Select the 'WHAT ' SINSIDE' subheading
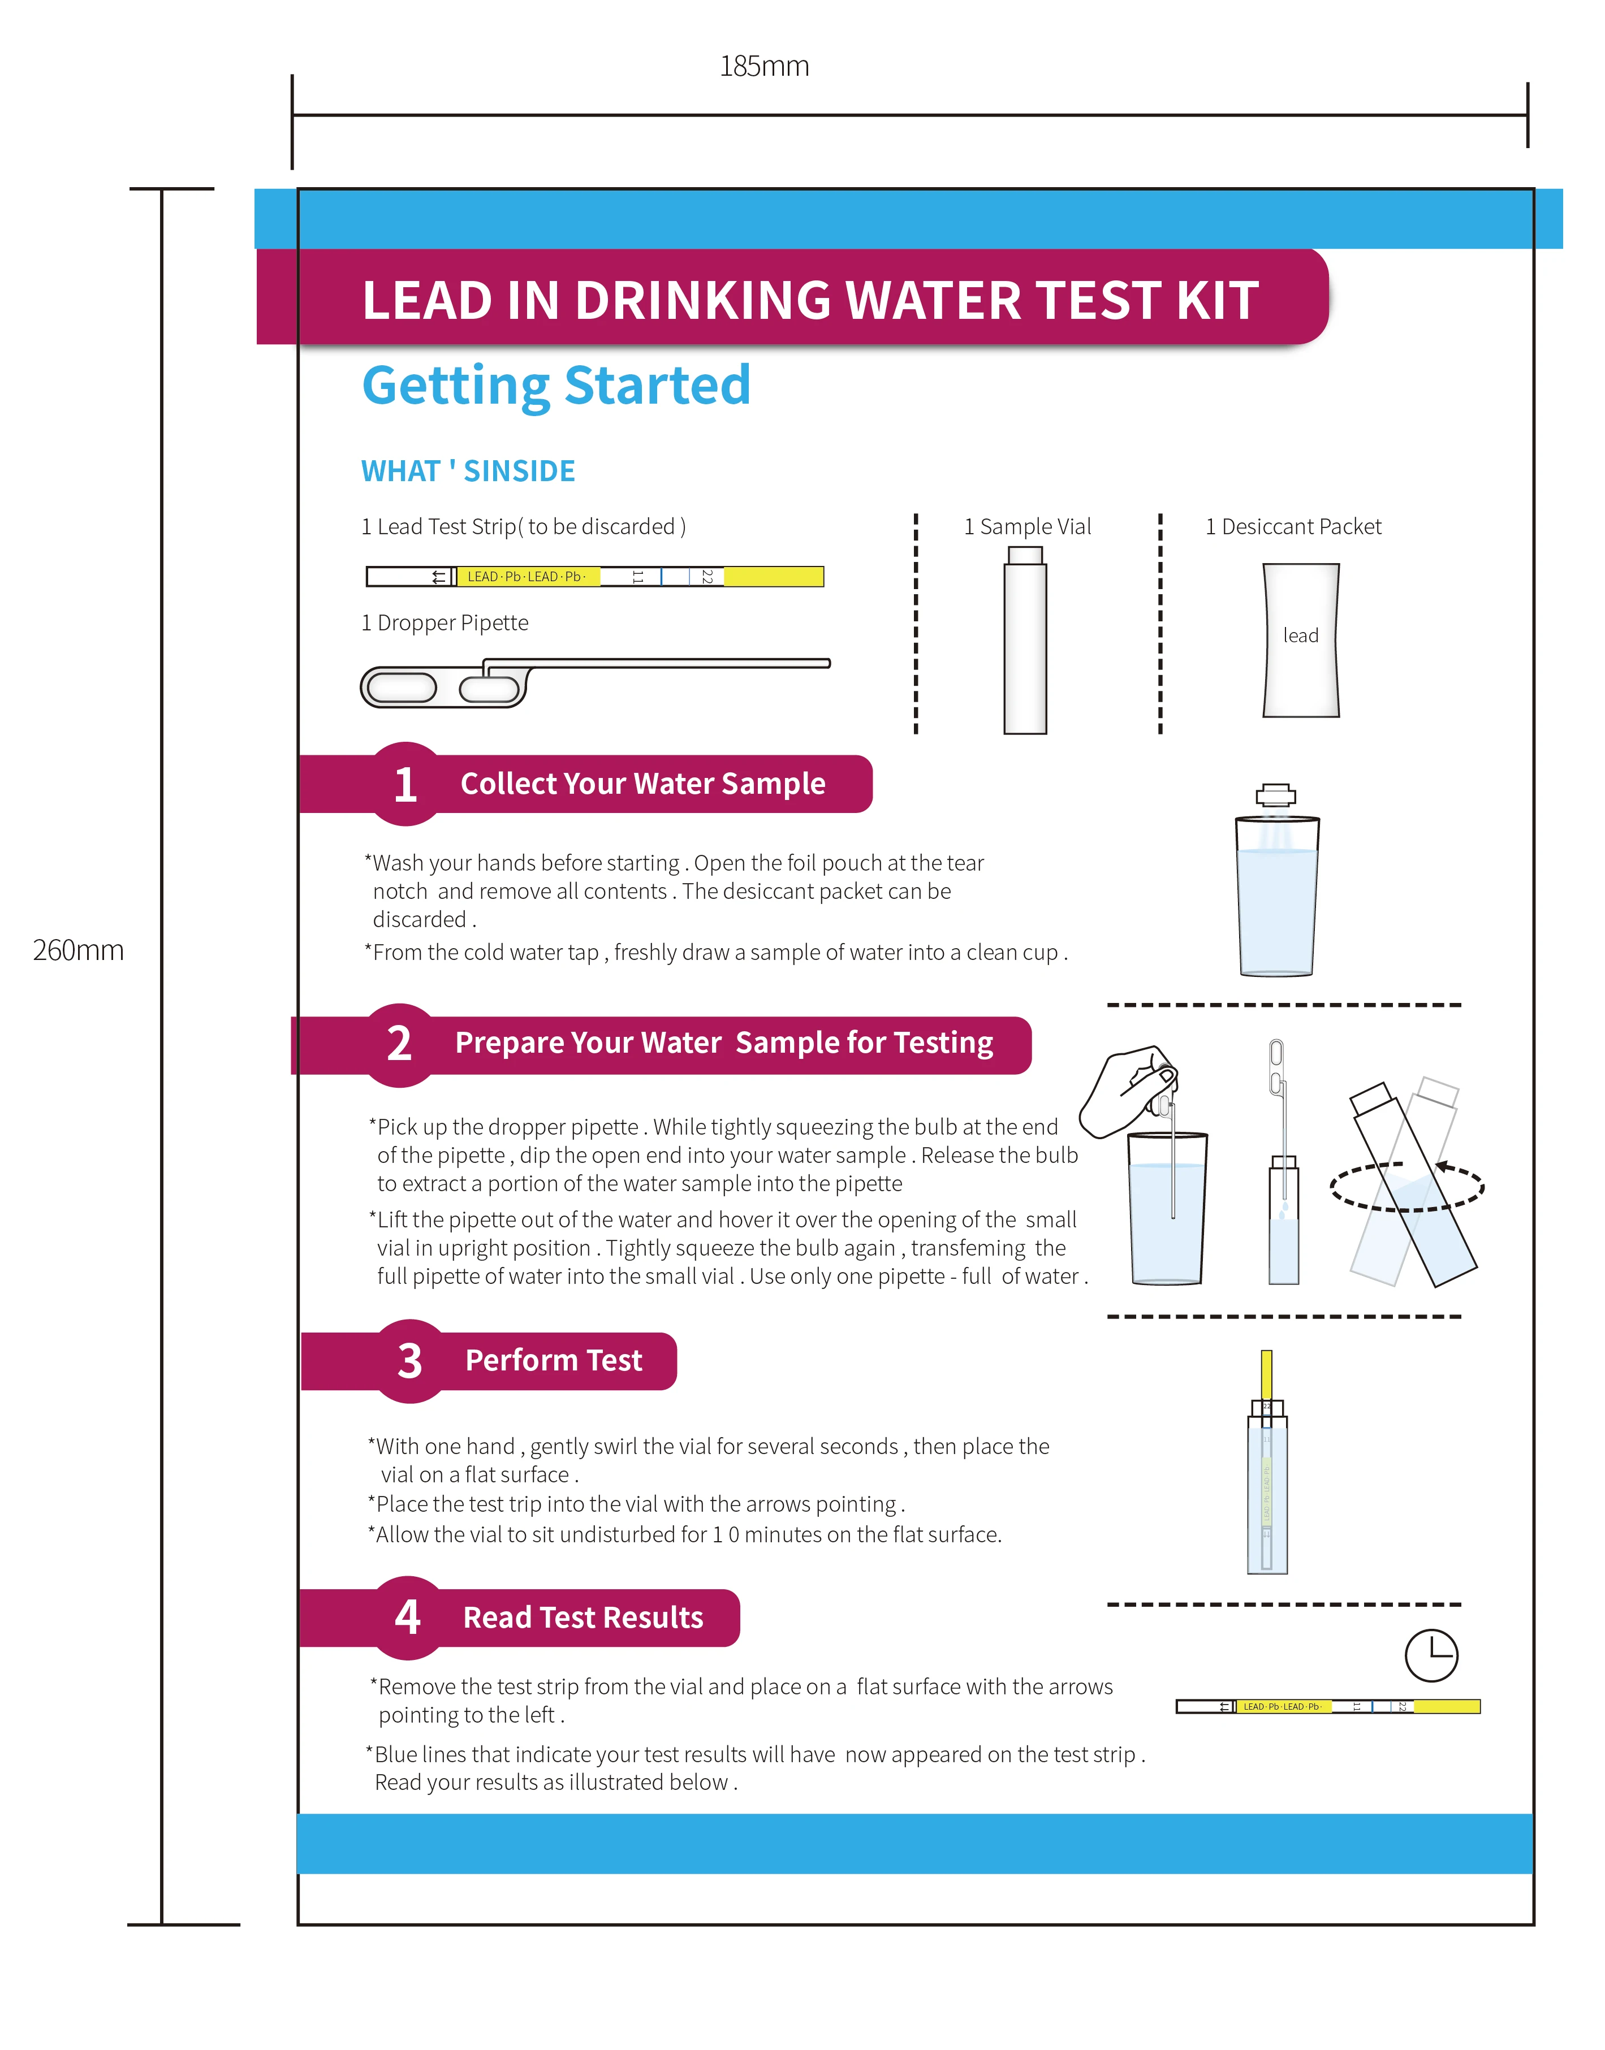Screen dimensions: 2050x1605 click(x=467, y=471)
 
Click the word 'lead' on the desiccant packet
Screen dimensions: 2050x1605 click(x=1301, y=636)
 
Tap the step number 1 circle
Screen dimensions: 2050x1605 click(x=405, y=785)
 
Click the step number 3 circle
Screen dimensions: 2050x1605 click(x=409, y=1361)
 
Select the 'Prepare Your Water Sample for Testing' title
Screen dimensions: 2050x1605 click(x=723, y=1043)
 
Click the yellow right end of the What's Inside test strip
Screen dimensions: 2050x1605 click(x=773, y=577)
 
